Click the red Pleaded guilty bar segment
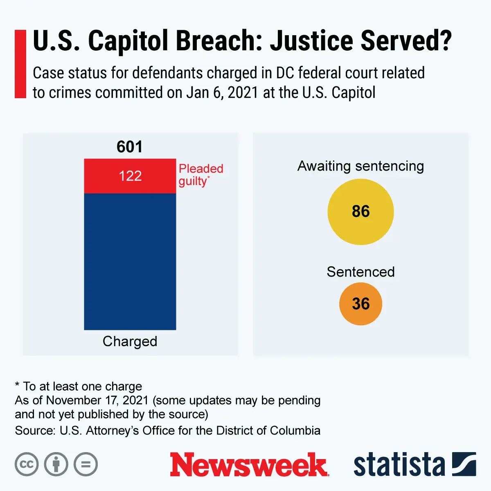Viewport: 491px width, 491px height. click(130, 176)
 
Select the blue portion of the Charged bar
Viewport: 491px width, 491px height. click(130, 262)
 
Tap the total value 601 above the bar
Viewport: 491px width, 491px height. click(129, 147)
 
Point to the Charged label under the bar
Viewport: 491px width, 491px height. click(130, 341)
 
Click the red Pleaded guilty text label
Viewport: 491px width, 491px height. click(200, 175)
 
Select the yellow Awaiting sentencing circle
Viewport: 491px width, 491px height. click(360, 212)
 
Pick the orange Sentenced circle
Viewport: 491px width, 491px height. click(360, 304)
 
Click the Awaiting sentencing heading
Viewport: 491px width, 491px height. click(360, 166)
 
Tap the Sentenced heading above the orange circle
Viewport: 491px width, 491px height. click(360, 272)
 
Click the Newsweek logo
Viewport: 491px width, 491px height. click(249, 465)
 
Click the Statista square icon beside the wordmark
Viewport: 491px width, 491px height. click(464, 464)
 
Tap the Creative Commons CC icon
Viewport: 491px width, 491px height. click(27, 464)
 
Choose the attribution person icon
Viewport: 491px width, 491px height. click(56, 464)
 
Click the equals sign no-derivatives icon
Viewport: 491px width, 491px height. click(86, 464)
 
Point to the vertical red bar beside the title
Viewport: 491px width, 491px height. click(20, 64)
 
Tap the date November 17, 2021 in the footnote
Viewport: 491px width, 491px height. click(97, 400)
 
